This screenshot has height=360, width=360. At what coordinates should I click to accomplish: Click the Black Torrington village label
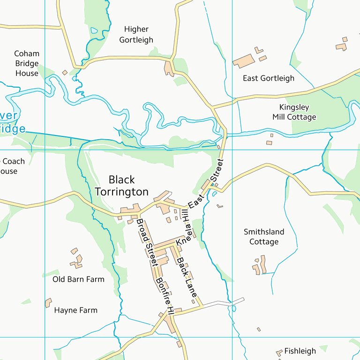click(121, 186)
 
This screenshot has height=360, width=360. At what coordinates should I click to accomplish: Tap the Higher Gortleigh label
click(136, 35)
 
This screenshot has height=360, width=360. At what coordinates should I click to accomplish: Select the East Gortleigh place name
click(268, 78)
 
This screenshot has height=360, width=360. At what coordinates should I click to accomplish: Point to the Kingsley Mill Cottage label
click(294, 112)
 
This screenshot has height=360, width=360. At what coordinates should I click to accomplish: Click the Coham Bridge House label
click(27, 63)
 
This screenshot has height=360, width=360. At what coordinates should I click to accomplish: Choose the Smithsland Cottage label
click(264, 237)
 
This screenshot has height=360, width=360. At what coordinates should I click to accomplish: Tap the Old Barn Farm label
click(78, 279)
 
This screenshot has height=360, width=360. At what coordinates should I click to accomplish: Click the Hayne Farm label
click(75, 310)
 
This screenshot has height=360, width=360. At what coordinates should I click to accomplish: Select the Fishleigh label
click(300, 351)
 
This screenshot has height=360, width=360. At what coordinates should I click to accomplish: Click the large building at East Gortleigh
click(243, 61)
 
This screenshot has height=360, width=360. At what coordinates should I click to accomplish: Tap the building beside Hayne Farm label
click(48, 303)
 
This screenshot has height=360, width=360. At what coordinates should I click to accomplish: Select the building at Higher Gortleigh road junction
click(169, 68)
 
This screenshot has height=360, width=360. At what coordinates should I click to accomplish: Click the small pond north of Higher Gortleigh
click(94, 31)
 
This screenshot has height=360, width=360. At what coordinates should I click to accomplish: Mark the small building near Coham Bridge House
click(65, 73)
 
